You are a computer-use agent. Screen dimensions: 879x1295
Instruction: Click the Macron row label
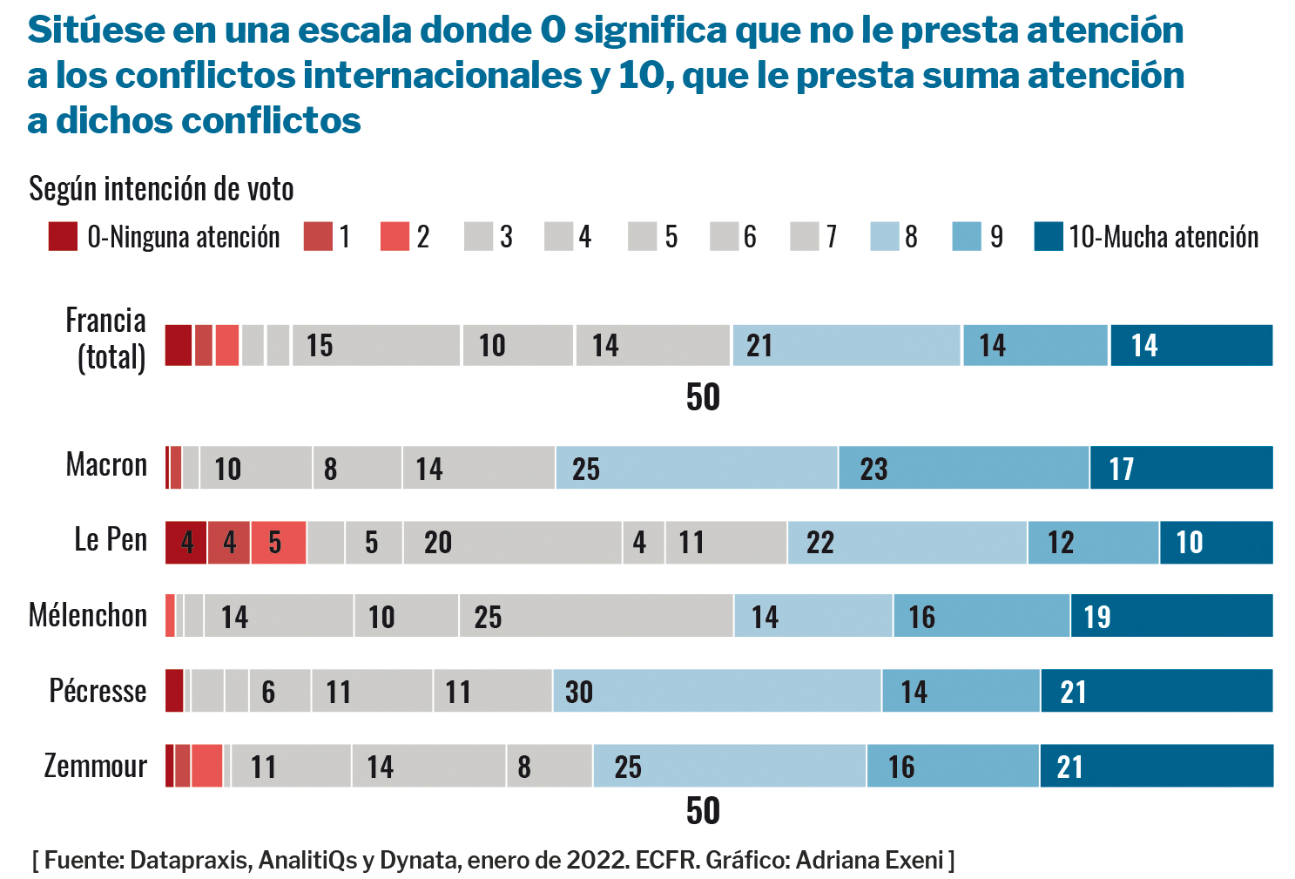click(106, 465)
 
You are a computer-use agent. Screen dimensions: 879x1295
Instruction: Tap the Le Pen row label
click(111, 540)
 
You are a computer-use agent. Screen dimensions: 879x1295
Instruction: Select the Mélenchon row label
click(88, 616)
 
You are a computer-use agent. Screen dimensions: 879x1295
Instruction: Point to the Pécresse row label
click(98, 691)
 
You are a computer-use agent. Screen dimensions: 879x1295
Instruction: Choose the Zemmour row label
click(96, 766)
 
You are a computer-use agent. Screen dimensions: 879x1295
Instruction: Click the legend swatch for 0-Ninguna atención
click(63, 236)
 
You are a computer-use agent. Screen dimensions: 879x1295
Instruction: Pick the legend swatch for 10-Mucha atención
click(1049, 236)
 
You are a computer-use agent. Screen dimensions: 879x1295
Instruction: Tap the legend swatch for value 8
click(884, 236)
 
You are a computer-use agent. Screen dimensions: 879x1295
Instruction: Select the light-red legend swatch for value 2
click(395, 236)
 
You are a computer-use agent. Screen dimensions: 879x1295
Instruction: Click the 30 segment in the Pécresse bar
click(717, 691)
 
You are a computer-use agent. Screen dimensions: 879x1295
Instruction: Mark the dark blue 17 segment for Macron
click(1181, 468)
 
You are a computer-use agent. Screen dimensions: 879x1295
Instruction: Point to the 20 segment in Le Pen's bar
click(512, 543)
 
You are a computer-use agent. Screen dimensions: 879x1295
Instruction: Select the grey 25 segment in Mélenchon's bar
click(596, 616)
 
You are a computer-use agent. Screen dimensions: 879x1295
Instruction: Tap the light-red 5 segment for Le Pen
click(278, 543)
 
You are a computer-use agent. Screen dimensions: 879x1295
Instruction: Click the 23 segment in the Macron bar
click(963, 468)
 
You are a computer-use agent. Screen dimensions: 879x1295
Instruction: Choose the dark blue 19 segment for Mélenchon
click(1171, 616)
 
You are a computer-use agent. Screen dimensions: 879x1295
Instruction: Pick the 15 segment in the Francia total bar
click(375, 345)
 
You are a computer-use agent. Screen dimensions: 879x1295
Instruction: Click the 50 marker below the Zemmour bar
click(703, 811)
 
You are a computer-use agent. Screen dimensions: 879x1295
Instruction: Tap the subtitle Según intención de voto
click(161, 188)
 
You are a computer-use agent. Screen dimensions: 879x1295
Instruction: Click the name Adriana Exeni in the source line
click(869, 861)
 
